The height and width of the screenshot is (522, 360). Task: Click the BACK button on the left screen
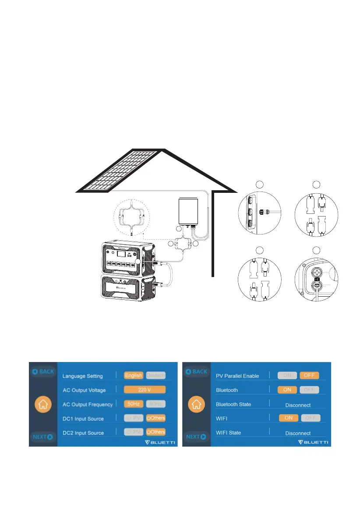[42, 372]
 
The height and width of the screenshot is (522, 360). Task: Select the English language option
[133, 376]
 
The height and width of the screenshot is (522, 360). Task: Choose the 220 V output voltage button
[145, 390]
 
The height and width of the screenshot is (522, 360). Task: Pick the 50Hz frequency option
[133, 404]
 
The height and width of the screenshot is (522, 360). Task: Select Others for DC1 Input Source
[156, 418]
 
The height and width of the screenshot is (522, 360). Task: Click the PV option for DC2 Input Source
[133, 432]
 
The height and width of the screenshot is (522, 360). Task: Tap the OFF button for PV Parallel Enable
[310, 376]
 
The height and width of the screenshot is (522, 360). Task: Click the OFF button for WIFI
[311, 418]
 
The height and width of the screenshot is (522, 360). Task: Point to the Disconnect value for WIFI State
[298, 433]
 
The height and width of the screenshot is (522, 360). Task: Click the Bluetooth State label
[233, 404]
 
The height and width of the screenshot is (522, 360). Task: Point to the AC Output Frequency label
[88, 404]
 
